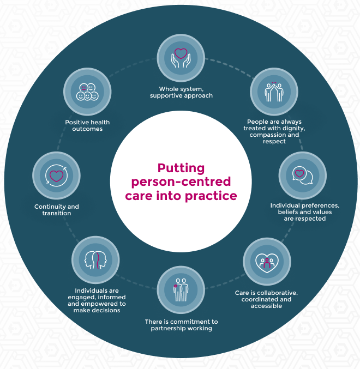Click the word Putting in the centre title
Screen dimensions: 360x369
(181, 169)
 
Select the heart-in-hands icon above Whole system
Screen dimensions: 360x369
(181, 58)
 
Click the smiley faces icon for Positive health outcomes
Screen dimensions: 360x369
(87, 92)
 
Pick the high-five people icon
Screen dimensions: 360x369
(274, 92)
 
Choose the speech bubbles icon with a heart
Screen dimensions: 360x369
(303, 176)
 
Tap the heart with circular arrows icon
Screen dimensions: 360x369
(57, 176)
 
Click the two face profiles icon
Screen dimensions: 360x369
(95, 260)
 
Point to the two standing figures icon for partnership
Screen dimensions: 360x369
(181, 290)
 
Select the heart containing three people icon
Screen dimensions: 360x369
(267, 262)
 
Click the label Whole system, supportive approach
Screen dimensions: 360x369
(181, 92)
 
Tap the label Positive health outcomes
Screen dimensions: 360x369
(87, 125)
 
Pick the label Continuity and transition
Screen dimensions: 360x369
(57, 210)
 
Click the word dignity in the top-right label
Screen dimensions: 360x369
(293, 129)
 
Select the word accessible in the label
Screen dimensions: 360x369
(266, 306)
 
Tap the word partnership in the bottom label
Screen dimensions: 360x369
(167, 328)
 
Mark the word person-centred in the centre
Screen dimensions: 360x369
(181, 182)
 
